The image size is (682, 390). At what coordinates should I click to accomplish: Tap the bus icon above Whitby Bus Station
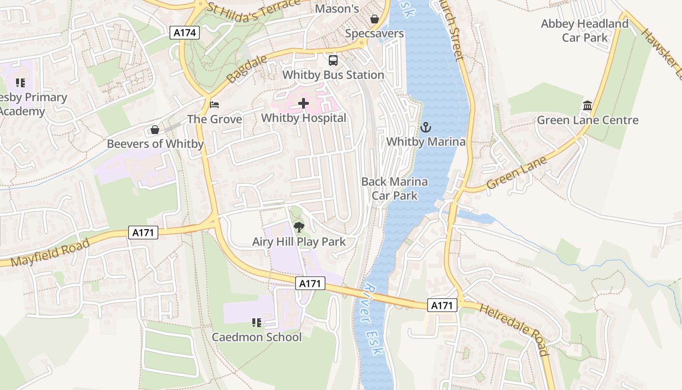(x=333, y=60)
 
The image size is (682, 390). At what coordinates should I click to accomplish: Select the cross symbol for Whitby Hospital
(x=303, y=103)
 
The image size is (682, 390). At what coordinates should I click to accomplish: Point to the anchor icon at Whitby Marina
(x=426, y=127)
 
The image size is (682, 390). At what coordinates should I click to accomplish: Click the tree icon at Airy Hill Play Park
(x=299, y=227)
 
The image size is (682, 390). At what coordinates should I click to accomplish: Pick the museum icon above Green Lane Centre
(x=587, y=106)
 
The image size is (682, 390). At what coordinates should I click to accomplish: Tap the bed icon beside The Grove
(x=214, y=105)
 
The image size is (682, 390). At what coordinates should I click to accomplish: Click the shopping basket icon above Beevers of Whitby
(x=155, y=130)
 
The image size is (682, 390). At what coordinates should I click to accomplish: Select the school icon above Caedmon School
(x=257, y=322)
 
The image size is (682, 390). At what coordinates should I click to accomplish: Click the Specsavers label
(x=374, y=34)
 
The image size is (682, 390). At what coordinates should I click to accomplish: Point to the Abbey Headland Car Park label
(x=585, y=31)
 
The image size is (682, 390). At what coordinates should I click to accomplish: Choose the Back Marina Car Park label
(x=395, y=189)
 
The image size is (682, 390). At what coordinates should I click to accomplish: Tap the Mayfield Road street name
(x=50, y=253)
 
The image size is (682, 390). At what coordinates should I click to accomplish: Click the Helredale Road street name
(x=513, y=329)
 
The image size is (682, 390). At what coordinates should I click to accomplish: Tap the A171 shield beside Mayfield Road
(x=143, y=233)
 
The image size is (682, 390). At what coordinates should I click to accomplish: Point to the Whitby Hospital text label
(x=303, y=118)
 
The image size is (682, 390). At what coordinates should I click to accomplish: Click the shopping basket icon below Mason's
(x=375, y=19)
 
